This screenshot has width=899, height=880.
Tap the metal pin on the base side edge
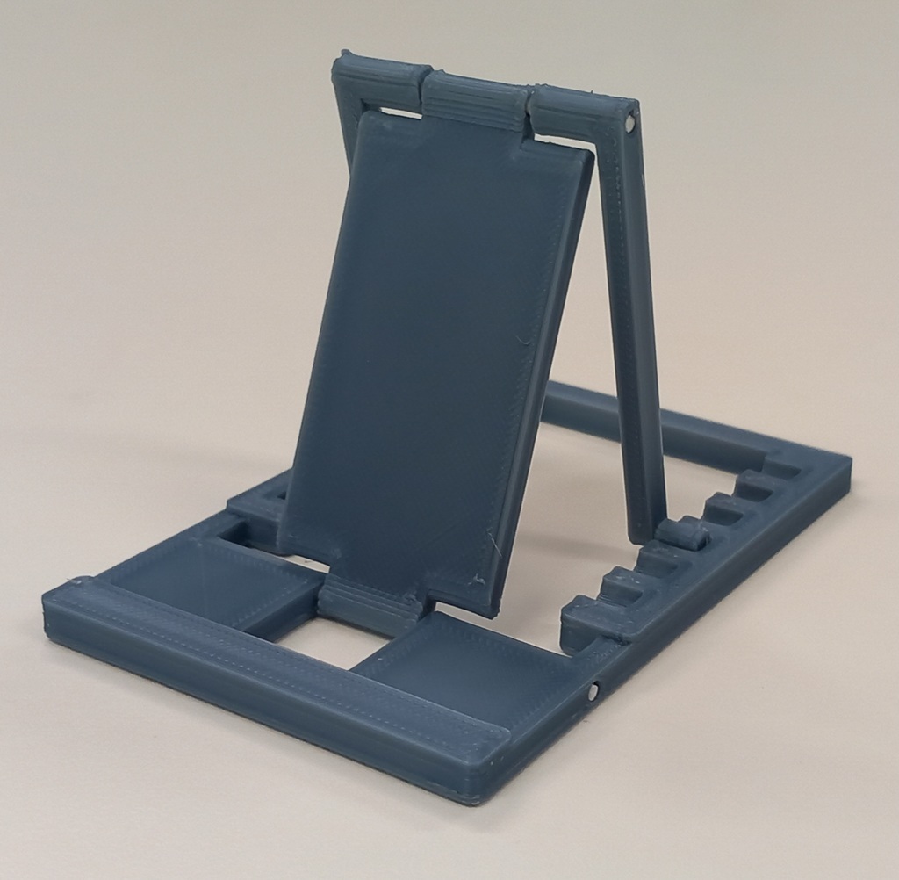(594, 692)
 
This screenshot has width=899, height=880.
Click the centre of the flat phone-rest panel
(439, 351)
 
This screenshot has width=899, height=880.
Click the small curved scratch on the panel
(521, 339)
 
